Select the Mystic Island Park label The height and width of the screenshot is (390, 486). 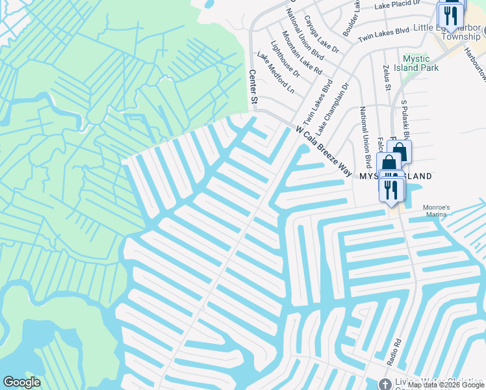(420, 63)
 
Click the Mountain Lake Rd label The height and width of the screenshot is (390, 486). (302, 51)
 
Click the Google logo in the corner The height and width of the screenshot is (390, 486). (21, 382)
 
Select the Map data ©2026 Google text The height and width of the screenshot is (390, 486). (446, 385)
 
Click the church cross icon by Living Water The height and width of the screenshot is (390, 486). (385, 384)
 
